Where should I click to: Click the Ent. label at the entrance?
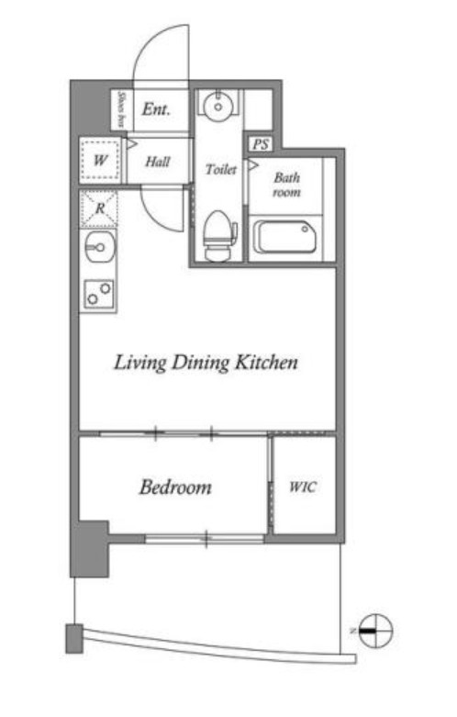pyautogui.click(x=156, y=109)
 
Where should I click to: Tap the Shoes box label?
pyautogui.click(x=121, y=110)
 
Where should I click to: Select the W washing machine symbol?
pyautogui.click(x=101, y=160)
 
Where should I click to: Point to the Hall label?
pyautogui.click(x=158, y=162)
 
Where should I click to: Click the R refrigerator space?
pyautogui.click(x=99, y=208)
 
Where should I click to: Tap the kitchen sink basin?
pyautogui.click(x=100, y=247)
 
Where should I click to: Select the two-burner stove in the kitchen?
pyautogui.click(x=99, y=294)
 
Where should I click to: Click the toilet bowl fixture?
pyautogui.click(x=219, y=236)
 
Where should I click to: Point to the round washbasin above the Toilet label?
pyautogui.click(x=218, y=106)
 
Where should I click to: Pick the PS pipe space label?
pyautogui.click(x=261, y=144)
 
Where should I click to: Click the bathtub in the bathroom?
pyautogui.click(x=284, y=237)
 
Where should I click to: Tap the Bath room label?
pyautogui.click(x=287, y=185)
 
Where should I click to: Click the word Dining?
pyautogui.click(x=200, y=364)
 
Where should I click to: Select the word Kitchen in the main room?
pyautogui.click(x=266, y=362)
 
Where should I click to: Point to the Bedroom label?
pyautogui.click(x=175, y=487)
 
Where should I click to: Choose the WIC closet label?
pyautogui.click(x=303, y=487)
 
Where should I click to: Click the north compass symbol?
pyautogui.click(x=375, y=631)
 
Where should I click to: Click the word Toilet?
pyautogui.click(x=221, y=170)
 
